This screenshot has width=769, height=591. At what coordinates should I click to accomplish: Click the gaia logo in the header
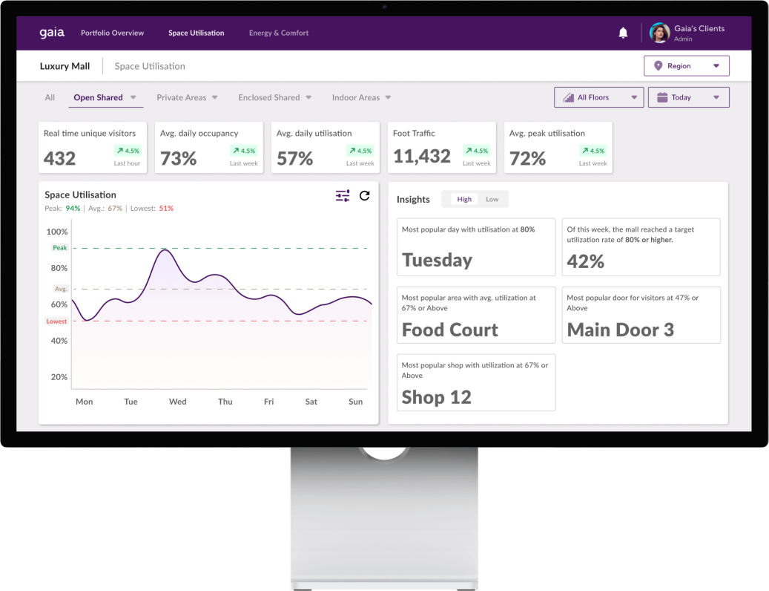(x=52, y=33)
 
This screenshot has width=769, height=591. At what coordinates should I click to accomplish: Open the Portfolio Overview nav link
(x=112, y=33)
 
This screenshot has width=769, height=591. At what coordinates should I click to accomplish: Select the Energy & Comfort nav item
(x=279, y=33)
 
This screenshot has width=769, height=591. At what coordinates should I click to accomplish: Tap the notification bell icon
(x=623, y=33)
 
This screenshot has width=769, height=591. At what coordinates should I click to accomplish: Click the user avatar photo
(x=659, y=33)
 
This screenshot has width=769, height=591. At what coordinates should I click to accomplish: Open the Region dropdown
(x=686, y=66)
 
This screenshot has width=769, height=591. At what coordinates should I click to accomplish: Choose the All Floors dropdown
(x=598, y=97)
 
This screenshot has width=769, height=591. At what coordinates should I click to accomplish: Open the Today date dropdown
(x=688, y=97)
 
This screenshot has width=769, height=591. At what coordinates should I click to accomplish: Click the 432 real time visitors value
(x=60, y=158)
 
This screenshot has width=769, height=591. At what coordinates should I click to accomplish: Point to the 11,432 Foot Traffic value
(x=422, y=156)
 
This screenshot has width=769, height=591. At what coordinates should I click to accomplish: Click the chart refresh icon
(x=364, y=195)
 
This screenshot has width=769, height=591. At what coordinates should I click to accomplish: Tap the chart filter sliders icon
(x=343, y=195)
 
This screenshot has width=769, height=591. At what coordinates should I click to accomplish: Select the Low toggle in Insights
(x=492, y=199)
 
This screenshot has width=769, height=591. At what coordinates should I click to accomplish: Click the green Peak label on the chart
(x=59, y=247)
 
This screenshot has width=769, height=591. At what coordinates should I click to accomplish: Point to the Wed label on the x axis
(x=177, y=402)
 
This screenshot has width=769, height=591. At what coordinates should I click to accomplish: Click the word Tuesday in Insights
(x=437, y=260)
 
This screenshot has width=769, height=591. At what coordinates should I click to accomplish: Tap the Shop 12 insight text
(x=436, y=397)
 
